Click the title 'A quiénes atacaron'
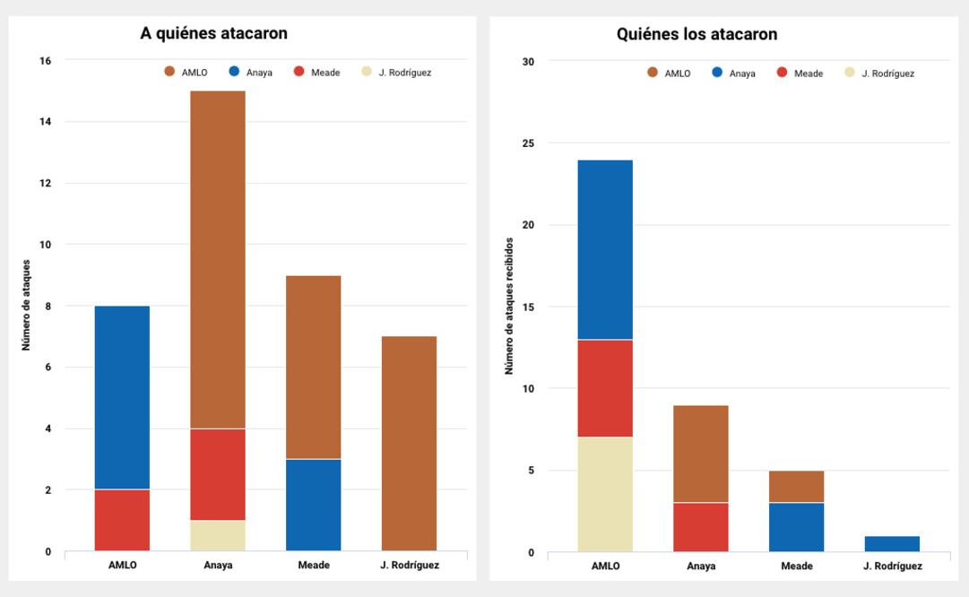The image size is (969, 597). click(213, 34)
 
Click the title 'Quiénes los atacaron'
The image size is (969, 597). click(696, 35)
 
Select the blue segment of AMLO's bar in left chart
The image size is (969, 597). click(122, 397)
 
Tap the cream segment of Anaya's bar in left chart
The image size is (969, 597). click(218, 535)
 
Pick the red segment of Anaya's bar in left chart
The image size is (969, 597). click(218, 474)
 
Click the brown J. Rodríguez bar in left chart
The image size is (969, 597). click(409, 443)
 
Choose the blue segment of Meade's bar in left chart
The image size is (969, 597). click(313, 505)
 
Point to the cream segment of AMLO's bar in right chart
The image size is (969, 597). click(605, 494)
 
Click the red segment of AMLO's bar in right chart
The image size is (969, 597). click(605, 388)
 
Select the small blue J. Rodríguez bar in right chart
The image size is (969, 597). click(892, 544)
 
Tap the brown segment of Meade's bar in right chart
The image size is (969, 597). click(796, 487)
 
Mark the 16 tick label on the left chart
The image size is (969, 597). click(46, 61)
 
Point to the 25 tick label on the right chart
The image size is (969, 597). click(528, 143)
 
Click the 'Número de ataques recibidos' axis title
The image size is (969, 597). click(509, 306)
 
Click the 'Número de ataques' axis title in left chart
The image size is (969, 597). click(27, 305)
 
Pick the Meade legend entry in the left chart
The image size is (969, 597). click(317, 73)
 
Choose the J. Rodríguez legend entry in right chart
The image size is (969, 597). click(879, 74)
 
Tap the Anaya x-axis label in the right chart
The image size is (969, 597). click(701, 567)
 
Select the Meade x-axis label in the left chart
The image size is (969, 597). click(314, 566)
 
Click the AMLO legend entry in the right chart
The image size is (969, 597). click(669, 74)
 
